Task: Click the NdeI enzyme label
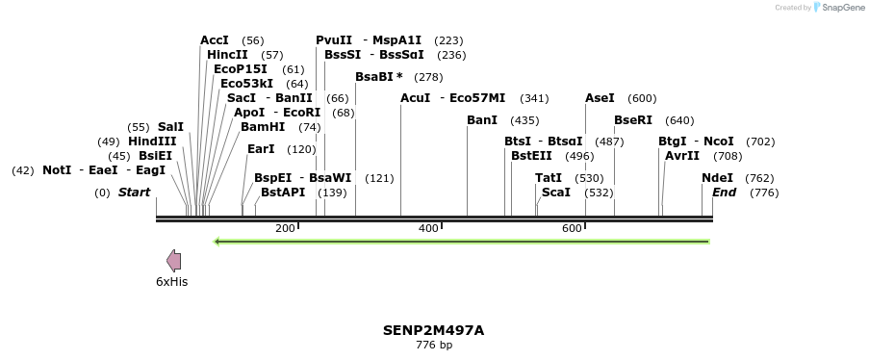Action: click(x=717, y=178)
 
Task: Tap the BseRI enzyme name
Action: click(x=633, y=120)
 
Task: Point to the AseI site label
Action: click(x=600, y=98)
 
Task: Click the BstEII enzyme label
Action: click(x=531, y=156)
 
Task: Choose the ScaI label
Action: click(x=556, y=193)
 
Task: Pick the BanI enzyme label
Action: click(x=482, y=120)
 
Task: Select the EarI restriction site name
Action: click(x=261, y=149)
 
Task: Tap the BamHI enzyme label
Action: click(x=263, y=127)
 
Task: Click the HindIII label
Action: click(x=152, y=141)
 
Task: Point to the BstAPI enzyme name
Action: click(x=283, y=193)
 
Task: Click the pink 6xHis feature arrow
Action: click(x=173, y=261)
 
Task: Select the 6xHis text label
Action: click(x=171, y=282)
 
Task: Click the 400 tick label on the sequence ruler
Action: click(x=428, y=228)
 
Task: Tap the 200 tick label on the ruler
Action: click(x=285, y=228)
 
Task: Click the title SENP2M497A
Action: click(x=433, y=330)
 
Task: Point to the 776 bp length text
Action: click(x=433, y=345)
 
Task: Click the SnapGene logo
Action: click(x=837, y=8)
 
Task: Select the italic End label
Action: click(x=724, y=193)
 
